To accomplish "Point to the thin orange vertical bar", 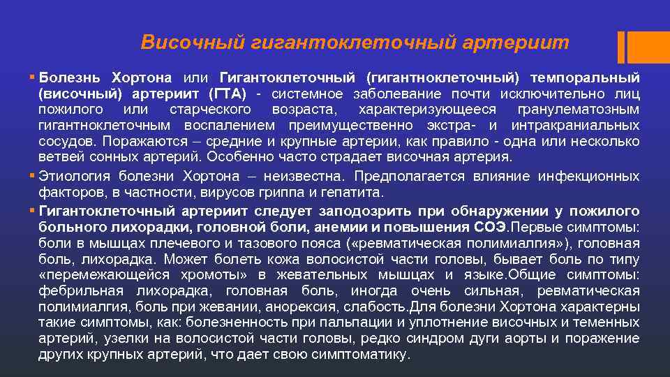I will coord(620,47).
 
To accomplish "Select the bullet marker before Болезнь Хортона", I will coord(33,75).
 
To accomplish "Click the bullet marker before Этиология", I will coord(33,175).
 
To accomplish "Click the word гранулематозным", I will coord(579,110).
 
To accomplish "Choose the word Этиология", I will coord(73,175).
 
